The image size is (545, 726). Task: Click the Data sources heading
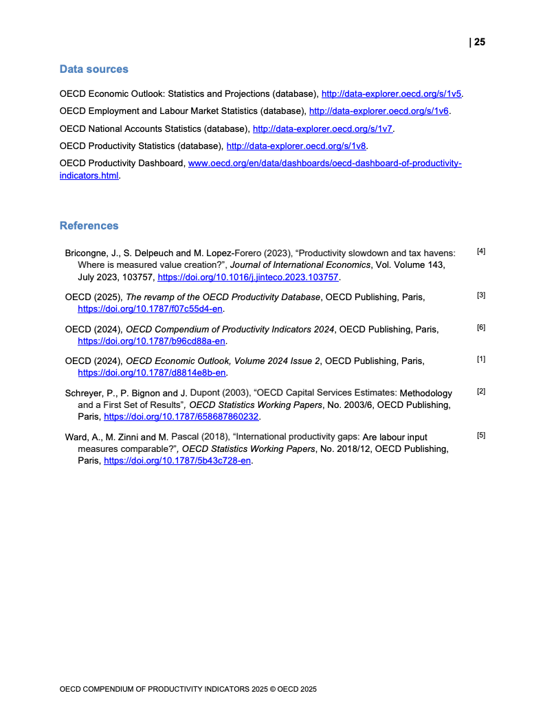pos(93,69)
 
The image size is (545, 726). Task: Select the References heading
pos(89,225)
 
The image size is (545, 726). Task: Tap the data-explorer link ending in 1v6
pos(379,111)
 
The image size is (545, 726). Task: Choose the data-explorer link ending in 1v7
pos(322,128)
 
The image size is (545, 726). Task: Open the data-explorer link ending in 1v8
pos(296,146)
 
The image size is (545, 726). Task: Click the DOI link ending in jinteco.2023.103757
pos(248,277)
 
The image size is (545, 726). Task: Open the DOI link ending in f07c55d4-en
pos(151,309)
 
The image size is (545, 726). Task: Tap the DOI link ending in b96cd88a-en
pos(152,341)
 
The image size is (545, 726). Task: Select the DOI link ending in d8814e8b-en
pos(152,372)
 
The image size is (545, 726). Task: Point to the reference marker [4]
pos(480,251)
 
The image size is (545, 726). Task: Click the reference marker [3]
pos(480,295)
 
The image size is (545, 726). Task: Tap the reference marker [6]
pos(480,327)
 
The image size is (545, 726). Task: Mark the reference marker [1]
pos(480,359)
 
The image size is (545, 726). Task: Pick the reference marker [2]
pos(480,391)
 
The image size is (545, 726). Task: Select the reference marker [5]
pos(480,435)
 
